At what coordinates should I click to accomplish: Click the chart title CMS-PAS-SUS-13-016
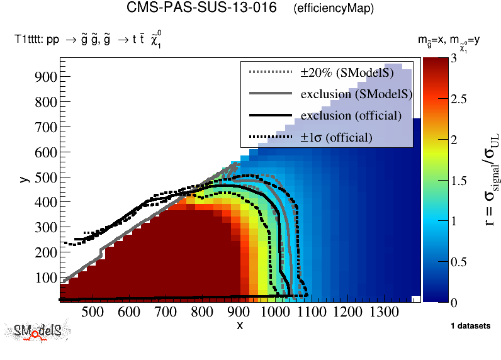pos(201,9)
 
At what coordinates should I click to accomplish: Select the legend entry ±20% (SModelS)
pos(347,72)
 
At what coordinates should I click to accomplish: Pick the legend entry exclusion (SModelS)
pos(356,94)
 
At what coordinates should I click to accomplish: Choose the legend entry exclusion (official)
pos(351,116)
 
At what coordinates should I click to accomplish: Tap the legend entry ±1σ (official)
pos(336,137)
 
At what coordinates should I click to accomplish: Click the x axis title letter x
pos(240,325)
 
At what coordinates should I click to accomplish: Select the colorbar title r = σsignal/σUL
pos(486,179)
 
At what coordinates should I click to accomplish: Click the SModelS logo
pos(38,332)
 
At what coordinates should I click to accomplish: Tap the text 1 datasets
pos(470,326)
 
